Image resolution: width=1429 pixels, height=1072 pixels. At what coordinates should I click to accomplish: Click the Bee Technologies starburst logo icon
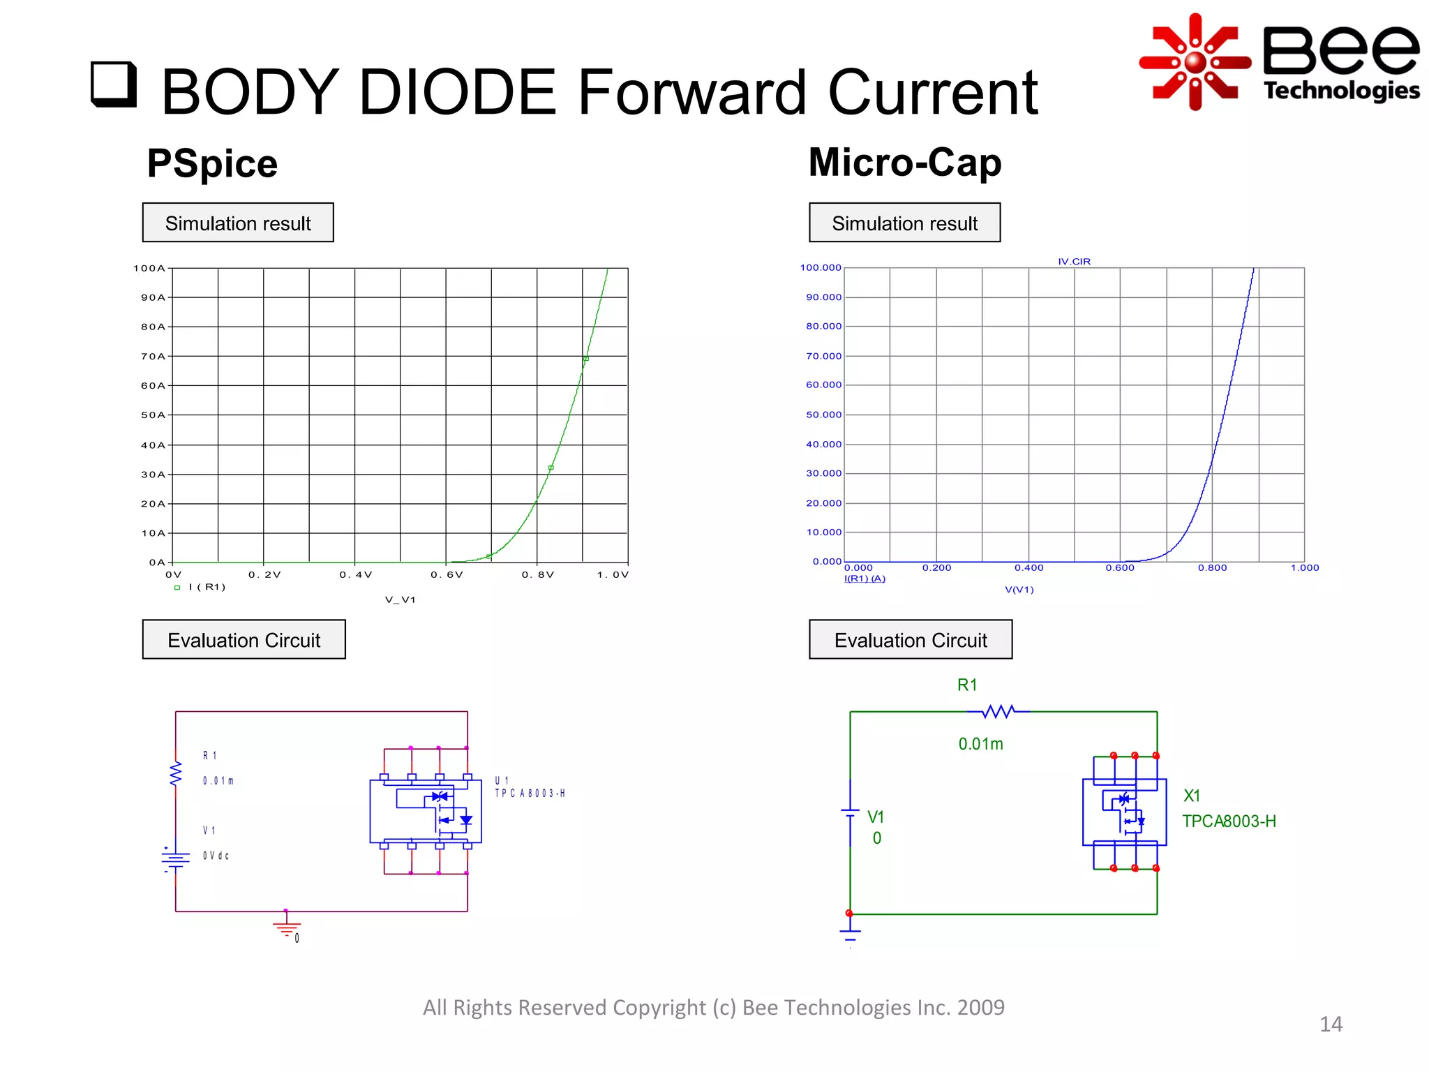[1195, 62]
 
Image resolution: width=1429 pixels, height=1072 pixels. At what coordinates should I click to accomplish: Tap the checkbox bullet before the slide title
[113, 84]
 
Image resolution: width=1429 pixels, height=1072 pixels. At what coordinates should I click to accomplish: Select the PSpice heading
[212, 164]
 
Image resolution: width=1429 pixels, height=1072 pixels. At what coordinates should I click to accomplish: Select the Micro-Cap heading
[904, 163]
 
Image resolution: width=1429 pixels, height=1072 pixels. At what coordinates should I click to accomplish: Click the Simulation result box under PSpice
[238, 223]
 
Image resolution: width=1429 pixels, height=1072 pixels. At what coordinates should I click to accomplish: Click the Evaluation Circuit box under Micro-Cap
[910, 639]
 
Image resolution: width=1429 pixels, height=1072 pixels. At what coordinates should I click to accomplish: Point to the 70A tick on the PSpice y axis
[154, 357]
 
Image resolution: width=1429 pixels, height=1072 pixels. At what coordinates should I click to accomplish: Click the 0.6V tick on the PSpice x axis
[447, 575]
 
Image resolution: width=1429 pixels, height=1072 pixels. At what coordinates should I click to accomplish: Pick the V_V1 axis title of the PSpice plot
[400, 600]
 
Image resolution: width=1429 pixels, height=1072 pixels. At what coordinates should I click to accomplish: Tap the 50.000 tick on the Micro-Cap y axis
[823, 415]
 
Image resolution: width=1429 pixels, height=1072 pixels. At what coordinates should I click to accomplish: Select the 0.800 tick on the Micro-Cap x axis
[1212, 568]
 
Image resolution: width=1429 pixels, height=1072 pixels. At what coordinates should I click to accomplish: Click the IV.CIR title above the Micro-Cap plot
[1074, 262]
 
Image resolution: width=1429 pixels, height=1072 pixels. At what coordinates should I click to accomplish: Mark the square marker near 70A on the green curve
[586, 359]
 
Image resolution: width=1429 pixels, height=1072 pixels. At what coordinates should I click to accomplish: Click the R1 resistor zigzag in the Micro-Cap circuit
[998, 712]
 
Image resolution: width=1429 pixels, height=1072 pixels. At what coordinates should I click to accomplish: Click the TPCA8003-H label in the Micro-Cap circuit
[1229, 821]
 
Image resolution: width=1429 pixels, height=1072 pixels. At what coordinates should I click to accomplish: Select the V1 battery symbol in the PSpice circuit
[175, 859]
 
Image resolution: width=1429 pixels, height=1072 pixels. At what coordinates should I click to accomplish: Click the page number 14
[1331, 1024]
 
